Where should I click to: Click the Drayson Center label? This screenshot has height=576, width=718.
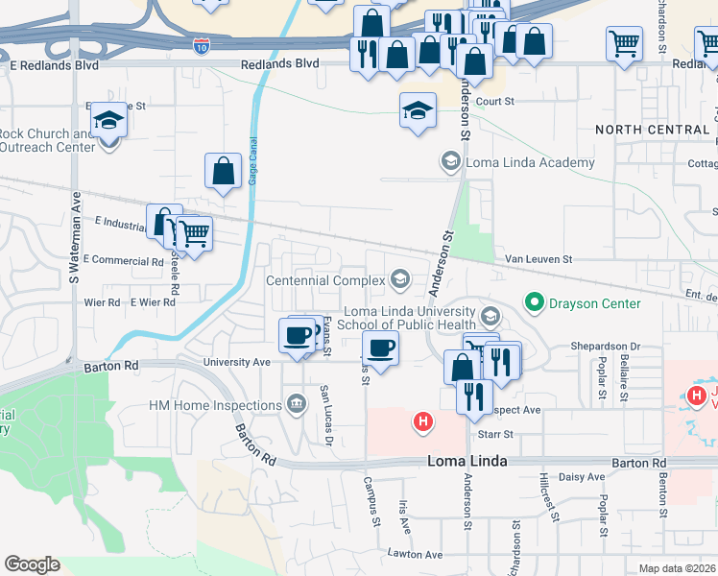pyautogui.click(x=594, y=303)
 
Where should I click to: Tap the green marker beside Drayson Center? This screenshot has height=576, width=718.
pyautogui.click(x=534, y=303)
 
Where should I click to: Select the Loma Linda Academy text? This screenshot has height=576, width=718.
pyautogui.click(x=530, y=162)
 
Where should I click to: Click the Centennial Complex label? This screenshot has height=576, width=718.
pyautogui.click(x=324, y=280)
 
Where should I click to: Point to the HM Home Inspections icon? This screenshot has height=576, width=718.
pyautogui.click(x=296, y=405)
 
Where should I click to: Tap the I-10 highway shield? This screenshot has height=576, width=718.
pyautogui.click(x=201, y=46)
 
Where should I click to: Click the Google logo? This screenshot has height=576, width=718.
pyautogui.click(x=32, y=564)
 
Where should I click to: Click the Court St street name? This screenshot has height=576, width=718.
pyautogui.click(x=495, y=101)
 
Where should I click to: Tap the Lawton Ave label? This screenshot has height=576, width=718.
pyautogui.click(x=415, y=554)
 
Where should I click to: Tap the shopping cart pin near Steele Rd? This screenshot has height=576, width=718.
pyautogui.click(x=194, y=232)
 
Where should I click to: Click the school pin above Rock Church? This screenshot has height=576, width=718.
pyautogui.click(x=108, y=121)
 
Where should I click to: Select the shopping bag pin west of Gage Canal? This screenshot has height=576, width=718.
pyautogui.click(x=223, y=172)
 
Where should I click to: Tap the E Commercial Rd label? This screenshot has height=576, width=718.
pyautogui.click(x=124, y=260)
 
